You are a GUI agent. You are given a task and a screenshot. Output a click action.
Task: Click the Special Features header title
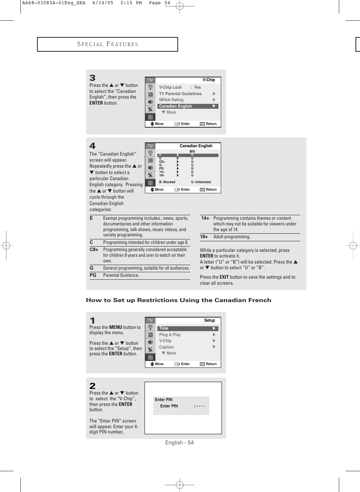108,44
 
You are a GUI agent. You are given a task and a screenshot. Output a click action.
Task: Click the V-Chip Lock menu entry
171,87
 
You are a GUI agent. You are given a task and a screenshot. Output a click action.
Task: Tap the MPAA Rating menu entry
171,100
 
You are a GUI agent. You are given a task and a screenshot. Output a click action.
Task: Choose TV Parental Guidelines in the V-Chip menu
180,94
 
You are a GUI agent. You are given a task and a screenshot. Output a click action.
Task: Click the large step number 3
92,78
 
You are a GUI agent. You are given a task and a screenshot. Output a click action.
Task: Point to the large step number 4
92,146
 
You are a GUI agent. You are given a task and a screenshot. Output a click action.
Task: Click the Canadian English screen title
196,146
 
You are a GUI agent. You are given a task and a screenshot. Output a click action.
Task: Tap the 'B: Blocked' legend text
167,182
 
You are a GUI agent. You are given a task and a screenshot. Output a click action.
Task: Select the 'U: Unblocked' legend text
201,182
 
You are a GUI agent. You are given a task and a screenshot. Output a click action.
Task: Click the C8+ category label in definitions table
94,250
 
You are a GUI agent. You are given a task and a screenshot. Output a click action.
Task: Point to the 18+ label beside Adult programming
204,237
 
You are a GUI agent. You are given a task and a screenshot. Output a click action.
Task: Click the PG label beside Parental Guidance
93,275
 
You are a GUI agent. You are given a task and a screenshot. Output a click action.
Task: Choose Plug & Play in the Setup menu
170,335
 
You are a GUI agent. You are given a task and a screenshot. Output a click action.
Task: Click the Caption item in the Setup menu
166,347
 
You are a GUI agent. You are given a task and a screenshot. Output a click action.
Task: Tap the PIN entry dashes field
200,406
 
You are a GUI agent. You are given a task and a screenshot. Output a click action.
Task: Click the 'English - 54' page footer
180,443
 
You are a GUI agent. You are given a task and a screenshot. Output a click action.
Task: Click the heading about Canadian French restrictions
178,300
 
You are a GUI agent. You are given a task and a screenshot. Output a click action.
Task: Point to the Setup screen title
209,320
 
